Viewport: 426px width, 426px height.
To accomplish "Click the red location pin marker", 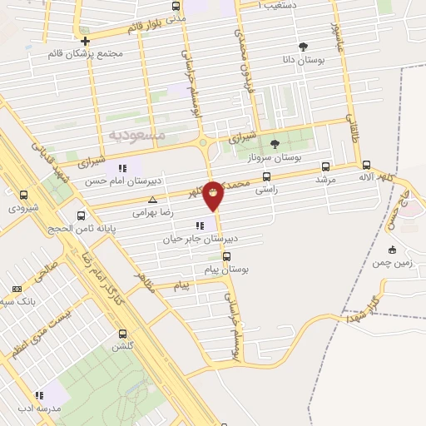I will tap(214, 196).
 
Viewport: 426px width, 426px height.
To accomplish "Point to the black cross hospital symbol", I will tap(86, 39).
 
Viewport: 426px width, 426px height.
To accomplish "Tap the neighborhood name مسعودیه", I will tap(137, 134).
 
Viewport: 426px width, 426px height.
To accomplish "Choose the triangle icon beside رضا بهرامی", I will tap(151, 201).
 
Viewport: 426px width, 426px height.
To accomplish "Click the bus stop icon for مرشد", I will tap(324, 166).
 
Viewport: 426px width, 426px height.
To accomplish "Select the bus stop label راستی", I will tap(265, 190).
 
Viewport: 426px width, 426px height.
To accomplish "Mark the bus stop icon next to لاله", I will tap(367, 166).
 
